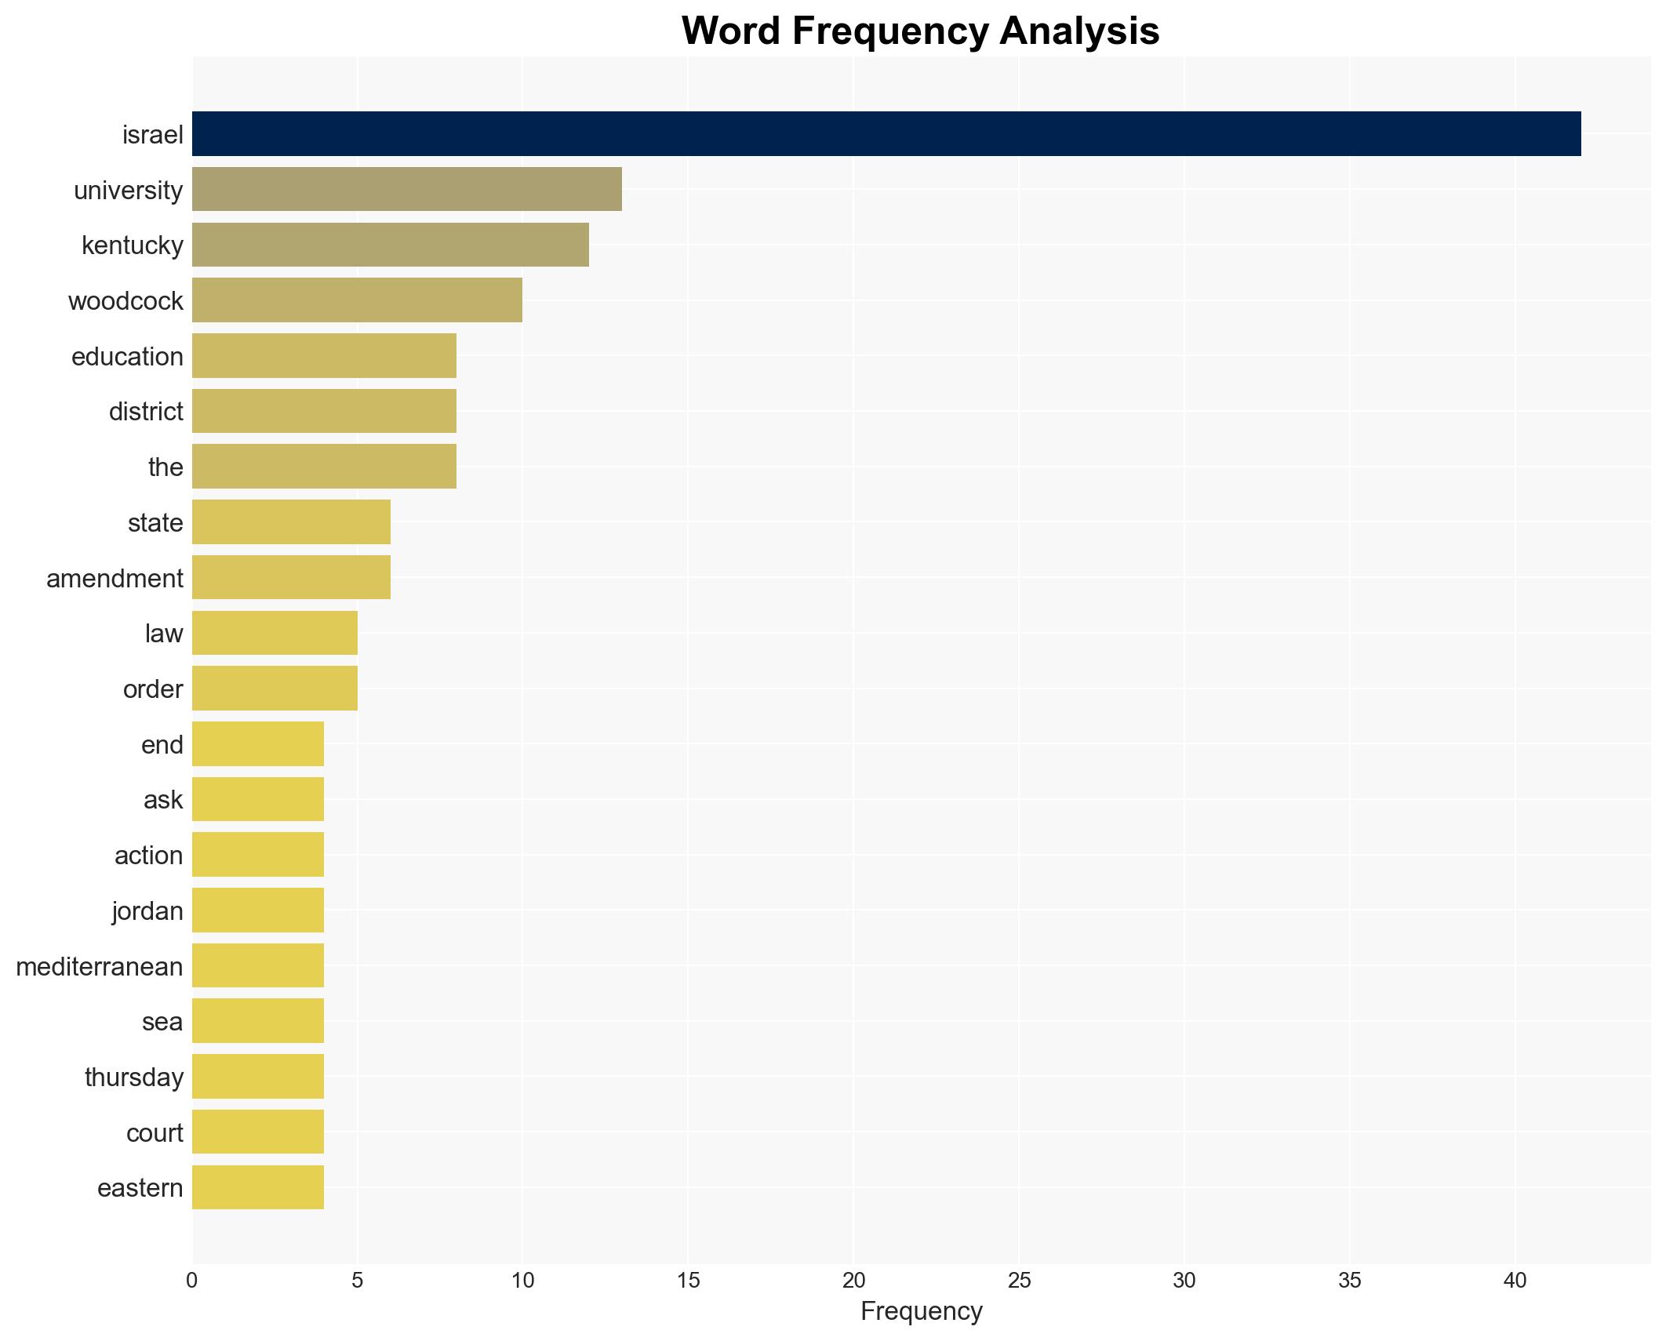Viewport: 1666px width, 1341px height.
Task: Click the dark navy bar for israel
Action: [x=886, y=134]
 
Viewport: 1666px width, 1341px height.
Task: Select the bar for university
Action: [x=407, y=189]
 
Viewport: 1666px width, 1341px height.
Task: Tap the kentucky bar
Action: [x=391, y=245]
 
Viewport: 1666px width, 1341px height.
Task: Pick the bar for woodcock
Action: [x=357, y=300]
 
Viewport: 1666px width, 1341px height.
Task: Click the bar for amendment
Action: [x=291, y=577]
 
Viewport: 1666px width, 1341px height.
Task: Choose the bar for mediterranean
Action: [x=258, y=965]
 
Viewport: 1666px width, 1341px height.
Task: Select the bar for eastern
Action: [x=258, y=1187]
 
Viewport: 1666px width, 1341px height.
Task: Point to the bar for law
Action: [x=275, y=633]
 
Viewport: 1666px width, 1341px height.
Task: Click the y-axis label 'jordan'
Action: [x=147, y=911]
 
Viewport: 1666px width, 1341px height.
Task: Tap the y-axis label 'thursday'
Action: [x=134, y=1078]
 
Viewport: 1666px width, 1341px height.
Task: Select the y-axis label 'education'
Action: [x=127, y=357]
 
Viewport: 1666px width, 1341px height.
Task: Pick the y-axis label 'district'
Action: [x=146, y=412]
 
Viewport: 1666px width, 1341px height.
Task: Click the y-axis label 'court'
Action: [x=155, y=1133]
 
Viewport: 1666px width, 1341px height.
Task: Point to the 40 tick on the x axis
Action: [x=1515, y=1281]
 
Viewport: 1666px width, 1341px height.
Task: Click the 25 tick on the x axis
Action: [x=1019, y=1281]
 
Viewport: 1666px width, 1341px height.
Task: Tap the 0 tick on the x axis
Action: [x=192, y=1281]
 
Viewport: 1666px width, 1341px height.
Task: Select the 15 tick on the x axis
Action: [x=688, y=1281]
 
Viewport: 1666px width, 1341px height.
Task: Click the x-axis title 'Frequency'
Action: [x=921, y=1311]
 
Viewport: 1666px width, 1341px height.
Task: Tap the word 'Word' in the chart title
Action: [x=730, y=31]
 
